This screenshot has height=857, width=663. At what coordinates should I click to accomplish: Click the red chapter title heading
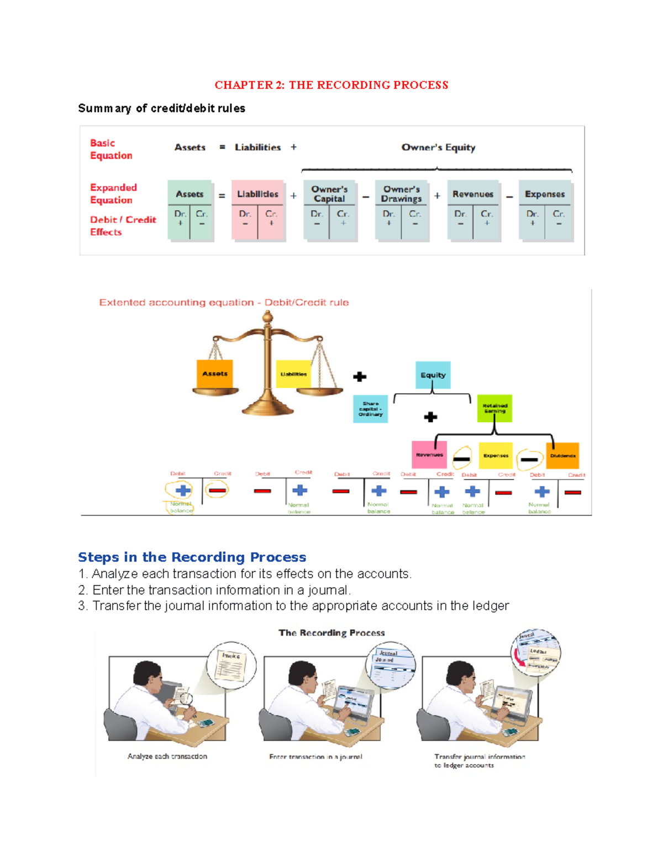pyautogui.click(x=331, y=85)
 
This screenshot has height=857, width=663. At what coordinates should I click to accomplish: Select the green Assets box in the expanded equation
pyautogui.click(x=190, y=210)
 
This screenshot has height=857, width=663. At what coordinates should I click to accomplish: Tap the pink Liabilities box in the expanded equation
pyautogui.click(x=257, y=210)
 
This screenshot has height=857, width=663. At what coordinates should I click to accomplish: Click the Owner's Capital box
pyautogui.click(x=329, y=210)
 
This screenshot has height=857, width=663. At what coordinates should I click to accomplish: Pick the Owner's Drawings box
pyautogui.click(x=401, y=210)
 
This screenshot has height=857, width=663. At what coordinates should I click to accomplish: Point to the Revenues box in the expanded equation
pyautogui.click(x=473, y=210)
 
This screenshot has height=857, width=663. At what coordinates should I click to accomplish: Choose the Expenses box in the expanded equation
pyautogui.click(x=545, y=210)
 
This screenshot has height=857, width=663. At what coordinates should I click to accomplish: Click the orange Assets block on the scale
pyautogui.click(x=215, y=374)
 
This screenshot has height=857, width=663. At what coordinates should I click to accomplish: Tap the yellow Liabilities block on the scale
pyautogui.click(x=293, y=374)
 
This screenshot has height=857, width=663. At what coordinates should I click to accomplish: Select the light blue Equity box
pyautogui.click(x=433, y=375)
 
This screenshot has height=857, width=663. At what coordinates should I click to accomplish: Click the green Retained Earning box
pyautogui.click(x=494, y=408)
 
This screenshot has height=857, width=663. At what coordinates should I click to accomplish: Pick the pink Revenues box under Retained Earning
pyautogui.click(x=429, y=455)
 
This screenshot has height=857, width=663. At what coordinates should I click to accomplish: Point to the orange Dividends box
pyautogui.click(x=562, y=456)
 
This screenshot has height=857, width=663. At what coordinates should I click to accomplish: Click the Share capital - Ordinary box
pyautogui.click(x=370, y=409)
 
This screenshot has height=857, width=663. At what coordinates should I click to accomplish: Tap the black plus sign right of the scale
pyautogui.click(x=360, y=377)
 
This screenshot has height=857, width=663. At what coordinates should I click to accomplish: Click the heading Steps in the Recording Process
pyautogui.click(x=192, y=557)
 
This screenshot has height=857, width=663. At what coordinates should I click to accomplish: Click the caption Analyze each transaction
pyautogui.click(x=167, y=757)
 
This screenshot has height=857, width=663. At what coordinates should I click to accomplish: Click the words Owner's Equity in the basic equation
pyautogui.click(x=438, y=147)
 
